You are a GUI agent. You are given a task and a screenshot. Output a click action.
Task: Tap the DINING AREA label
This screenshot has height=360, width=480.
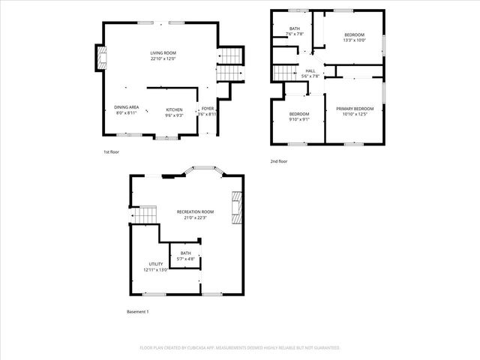[126, 108]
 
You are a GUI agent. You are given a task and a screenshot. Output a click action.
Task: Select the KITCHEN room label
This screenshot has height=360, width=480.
[174, 109]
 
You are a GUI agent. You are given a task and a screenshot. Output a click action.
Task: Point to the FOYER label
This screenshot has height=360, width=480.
[208, 109]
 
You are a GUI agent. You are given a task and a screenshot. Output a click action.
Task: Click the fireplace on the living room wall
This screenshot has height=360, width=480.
[100, 58]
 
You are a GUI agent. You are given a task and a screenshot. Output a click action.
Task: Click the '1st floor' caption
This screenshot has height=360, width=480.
[112, 152]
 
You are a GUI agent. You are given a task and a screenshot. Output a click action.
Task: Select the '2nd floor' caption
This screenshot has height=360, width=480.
[279, 161]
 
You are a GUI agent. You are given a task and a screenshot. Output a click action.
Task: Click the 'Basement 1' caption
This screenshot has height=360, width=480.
[138, 311]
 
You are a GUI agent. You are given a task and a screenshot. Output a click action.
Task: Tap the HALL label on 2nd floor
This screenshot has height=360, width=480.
[310, 70]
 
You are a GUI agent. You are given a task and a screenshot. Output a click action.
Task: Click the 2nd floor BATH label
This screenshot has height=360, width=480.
[295, 28]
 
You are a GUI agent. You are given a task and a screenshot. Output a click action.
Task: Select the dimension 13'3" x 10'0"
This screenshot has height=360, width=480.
[355, 40]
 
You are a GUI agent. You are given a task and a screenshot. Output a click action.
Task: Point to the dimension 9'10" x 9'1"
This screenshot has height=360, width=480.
[299, 118]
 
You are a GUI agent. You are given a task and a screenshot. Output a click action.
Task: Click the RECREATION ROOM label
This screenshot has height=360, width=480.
[195, 212]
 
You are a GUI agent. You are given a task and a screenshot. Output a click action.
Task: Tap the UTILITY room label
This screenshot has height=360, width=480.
[156, 264]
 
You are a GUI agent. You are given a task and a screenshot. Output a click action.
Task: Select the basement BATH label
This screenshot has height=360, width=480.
[185, 253]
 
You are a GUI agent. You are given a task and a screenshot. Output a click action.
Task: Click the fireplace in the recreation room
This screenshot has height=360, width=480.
[237, 207]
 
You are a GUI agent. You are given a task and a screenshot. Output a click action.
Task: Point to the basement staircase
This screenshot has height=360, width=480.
[145, 216]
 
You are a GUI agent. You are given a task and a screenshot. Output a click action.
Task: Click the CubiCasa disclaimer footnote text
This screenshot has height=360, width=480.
[240, 348]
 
